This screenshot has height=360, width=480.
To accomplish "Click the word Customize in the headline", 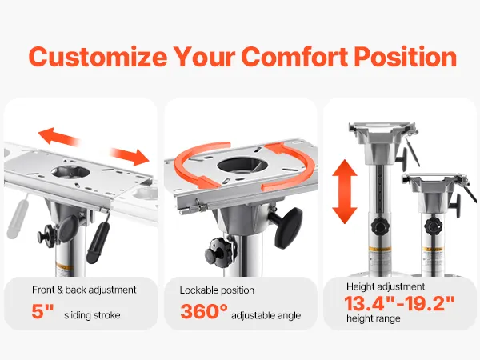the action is coord(98,57).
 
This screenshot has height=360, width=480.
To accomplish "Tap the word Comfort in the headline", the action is coord(294,57).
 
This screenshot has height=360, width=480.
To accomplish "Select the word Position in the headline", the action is coord(406,57).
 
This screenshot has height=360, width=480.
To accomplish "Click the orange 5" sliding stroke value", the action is coord(42,312).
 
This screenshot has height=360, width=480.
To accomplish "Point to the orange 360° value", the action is coord(204,312).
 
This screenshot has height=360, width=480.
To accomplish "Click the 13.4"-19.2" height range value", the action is coord(399,303).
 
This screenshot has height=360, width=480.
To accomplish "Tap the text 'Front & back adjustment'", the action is coord(84,290).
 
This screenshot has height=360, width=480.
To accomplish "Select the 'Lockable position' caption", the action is coord(217,290).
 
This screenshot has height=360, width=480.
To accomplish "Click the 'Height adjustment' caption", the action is coord(386,287).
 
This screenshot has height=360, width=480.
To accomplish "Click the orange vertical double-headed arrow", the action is coord(345,192).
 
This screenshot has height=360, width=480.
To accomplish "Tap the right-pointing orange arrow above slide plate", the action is coord(130,157).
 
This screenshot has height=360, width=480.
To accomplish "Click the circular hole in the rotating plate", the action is coord(242,166).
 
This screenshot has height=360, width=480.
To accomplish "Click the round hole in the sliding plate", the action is coord(70,172).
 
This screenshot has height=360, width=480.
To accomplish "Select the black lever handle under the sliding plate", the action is coord(98,242).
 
